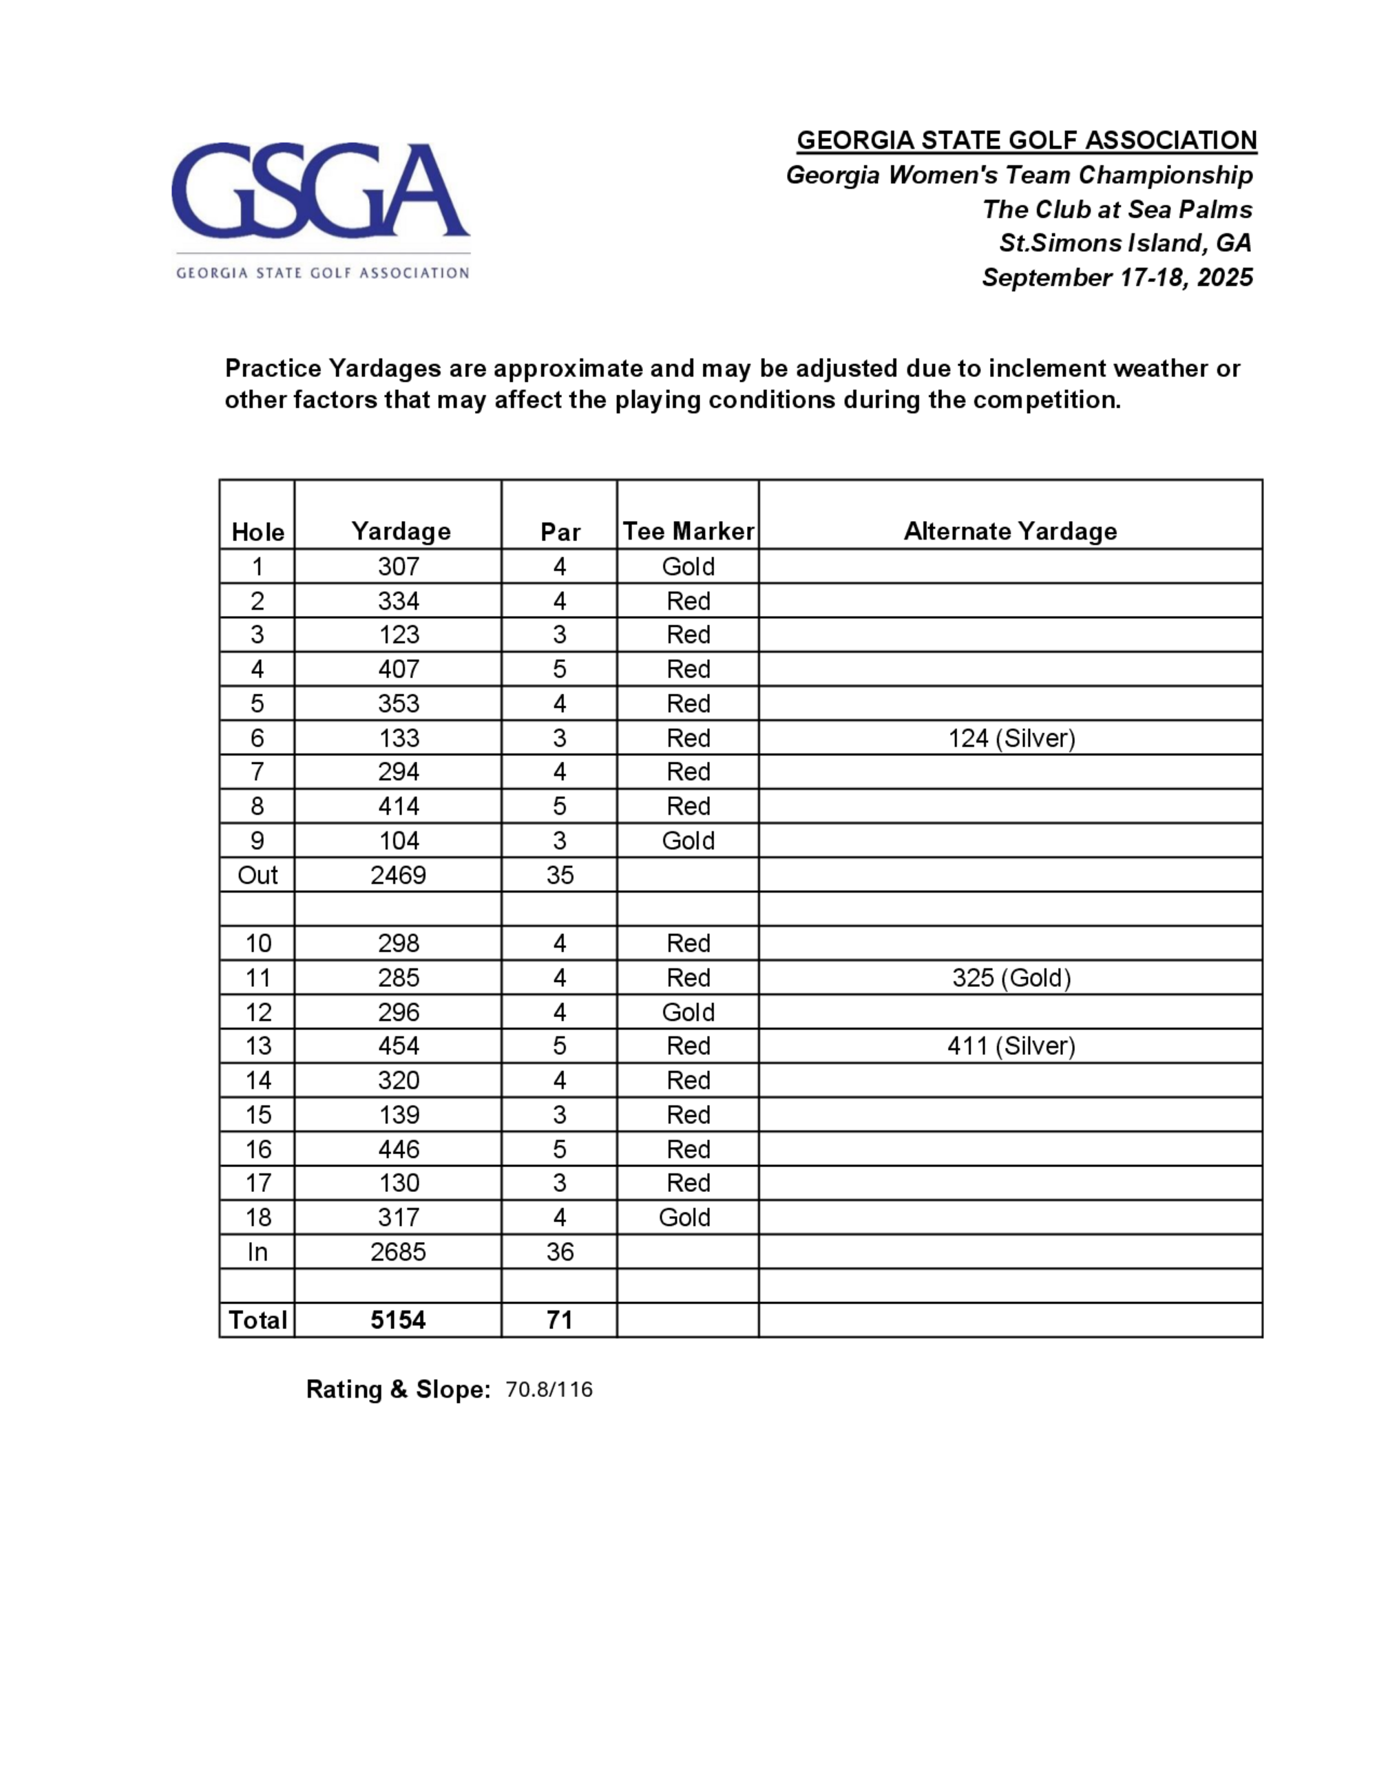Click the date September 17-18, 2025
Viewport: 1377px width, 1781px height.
coord(1117,278)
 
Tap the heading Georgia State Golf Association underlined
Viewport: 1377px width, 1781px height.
coord(1027,140)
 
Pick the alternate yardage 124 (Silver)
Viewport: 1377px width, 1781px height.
coord(1011,738)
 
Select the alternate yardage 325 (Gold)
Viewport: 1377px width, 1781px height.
coord(1011,978)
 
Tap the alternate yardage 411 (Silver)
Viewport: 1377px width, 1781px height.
coord(1011,1046)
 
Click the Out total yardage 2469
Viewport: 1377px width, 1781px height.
coord(398,875)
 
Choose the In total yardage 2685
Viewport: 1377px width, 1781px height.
coord(398,1252)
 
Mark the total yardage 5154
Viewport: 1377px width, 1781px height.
coord(398,1320)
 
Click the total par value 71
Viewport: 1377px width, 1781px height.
coord(560,1320)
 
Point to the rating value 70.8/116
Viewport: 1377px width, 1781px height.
coord(549,1389)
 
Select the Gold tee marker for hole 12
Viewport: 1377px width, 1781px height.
coord(688,1012)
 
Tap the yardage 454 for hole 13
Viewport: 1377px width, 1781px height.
coord(398,1046)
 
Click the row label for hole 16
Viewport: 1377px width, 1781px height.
coord(257,1149)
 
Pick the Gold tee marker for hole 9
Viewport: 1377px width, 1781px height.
coord(688,841)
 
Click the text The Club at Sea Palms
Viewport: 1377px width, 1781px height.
coord(1117,210)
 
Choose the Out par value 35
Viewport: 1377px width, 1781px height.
coord(560,875)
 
